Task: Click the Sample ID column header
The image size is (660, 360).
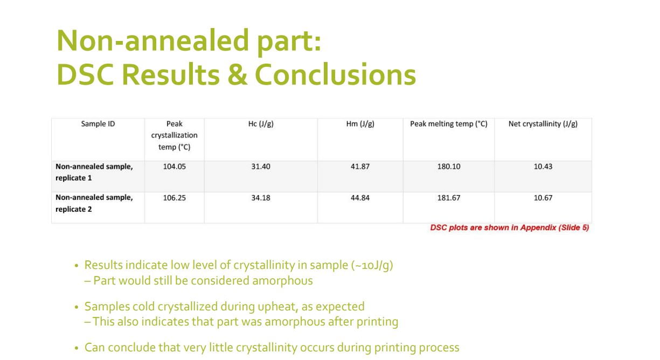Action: point(98,124)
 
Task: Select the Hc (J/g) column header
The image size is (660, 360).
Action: point(261,124)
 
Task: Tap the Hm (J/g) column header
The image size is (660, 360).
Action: point(360,124)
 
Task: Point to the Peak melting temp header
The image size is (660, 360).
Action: point(448,124)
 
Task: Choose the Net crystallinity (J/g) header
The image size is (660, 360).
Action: point(543,124)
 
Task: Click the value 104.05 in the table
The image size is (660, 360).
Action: point(175,167)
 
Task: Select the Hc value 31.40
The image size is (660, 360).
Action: point(261,167)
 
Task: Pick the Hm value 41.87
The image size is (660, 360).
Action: point(360,167)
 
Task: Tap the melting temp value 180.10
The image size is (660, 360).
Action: point(449,167)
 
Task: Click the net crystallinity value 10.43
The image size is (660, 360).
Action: point(543,167)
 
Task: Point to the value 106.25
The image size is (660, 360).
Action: point(175,198)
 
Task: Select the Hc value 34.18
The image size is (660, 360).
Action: point(261,198)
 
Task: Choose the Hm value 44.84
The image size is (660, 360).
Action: point(360,198)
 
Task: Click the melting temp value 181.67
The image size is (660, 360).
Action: point(449,198)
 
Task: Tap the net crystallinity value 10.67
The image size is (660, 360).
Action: point(543,198)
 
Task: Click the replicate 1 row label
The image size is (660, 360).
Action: point(94,172)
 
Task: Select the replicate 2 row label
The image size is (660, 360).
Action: point(94,203)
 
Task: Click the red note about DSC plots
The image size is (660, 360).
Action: point(510,227)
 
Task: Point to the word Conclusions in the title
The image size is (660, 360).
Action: point(335,75)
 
